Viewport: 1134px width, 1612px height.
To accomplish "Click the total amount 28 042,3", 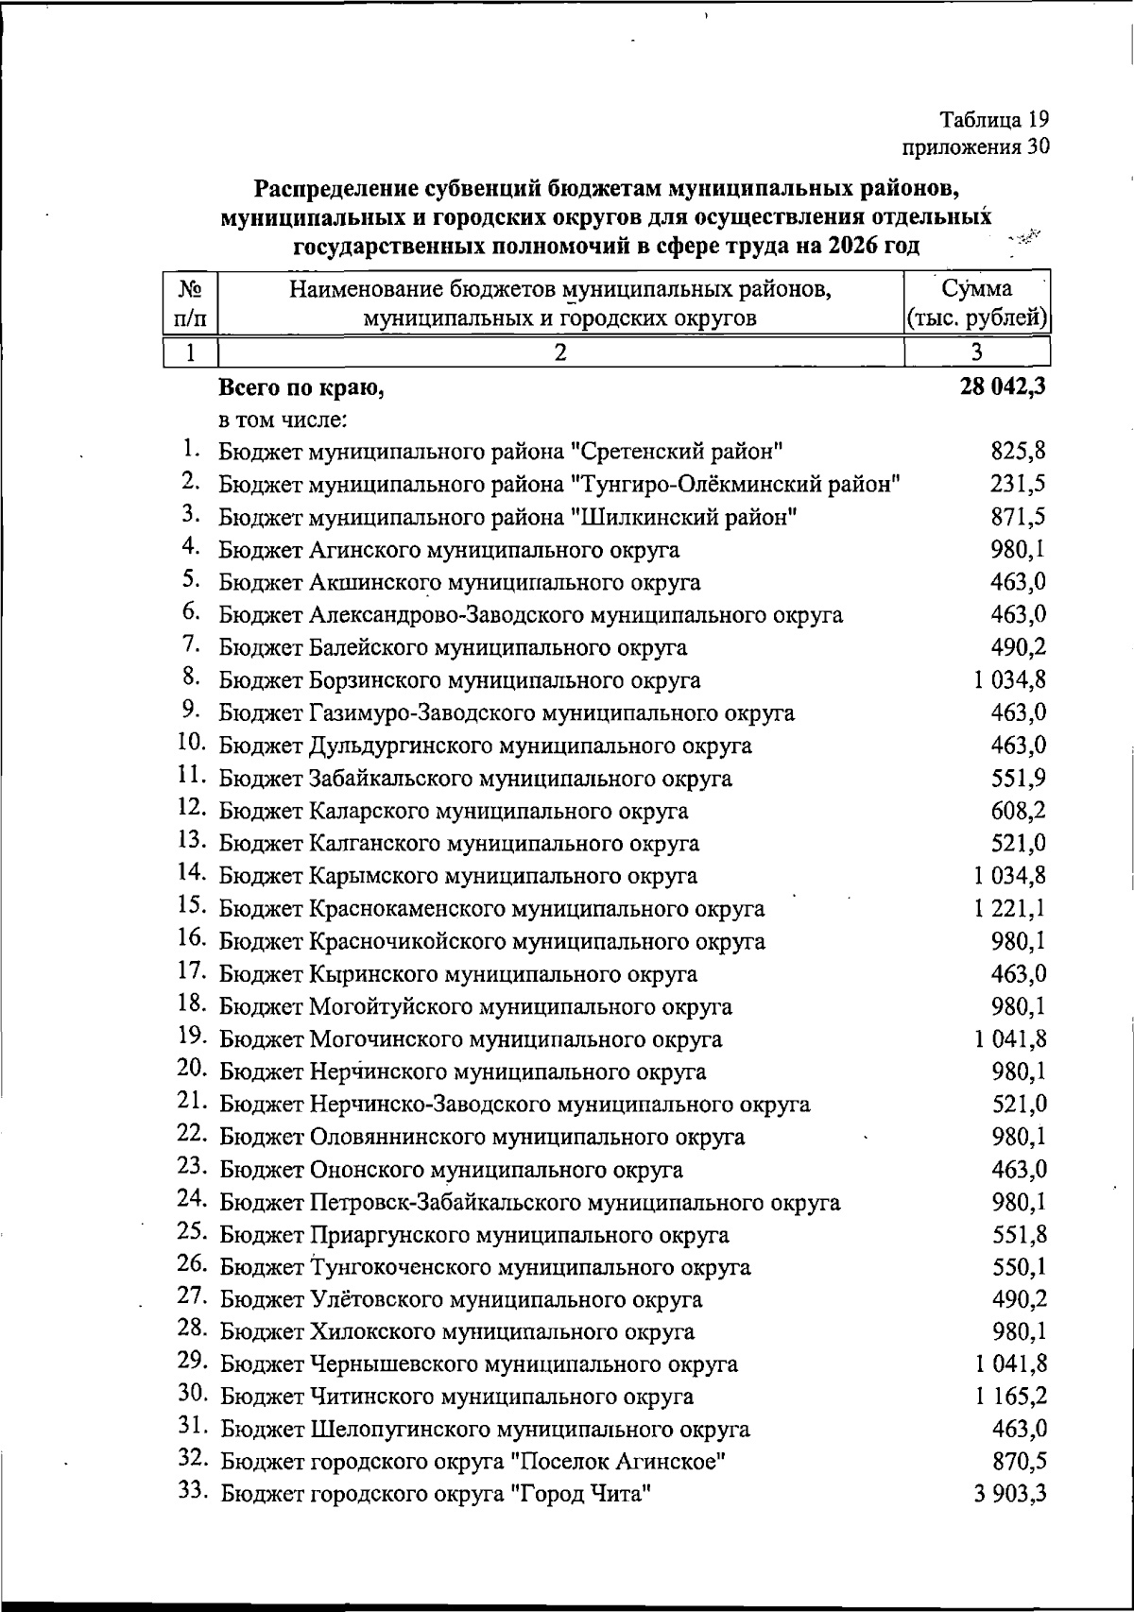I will [1001, 387].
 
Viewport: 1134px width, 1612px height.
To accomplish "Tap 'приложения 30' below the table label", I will [977, 146].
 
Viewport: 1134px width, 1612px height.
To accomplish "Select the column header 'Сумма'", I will [978, 288].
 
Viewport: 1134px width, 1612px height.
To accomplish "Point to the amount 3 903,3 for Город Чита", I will [1010, 1494].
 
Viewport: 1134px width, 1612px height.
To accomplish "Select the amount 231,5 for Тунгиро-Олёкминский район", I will [1018, 485].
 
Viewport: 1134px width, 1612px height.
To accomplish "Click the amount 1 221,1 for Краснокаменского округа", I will [1010, 909].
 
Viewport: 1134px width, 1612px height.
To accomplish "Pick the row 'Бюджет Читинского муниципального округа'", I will [456, 1397].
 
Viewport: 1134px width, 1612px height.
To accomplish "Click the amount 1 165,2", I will [1010, 1397].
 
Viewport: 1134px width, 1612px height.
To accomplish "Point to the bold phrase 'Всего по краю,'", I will [301, 387].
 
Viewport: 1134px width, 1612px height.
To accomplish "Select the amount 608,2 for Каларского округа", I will [1018, 811].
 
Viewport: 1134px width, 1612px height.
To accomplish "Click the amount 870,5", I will [1018, 1462].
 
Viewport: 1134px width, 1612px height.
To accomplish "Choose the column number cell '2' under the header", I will [560, 352].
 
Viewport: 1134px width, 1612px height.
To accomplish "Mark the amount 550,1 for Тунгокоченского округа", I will [1018, 1266].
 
